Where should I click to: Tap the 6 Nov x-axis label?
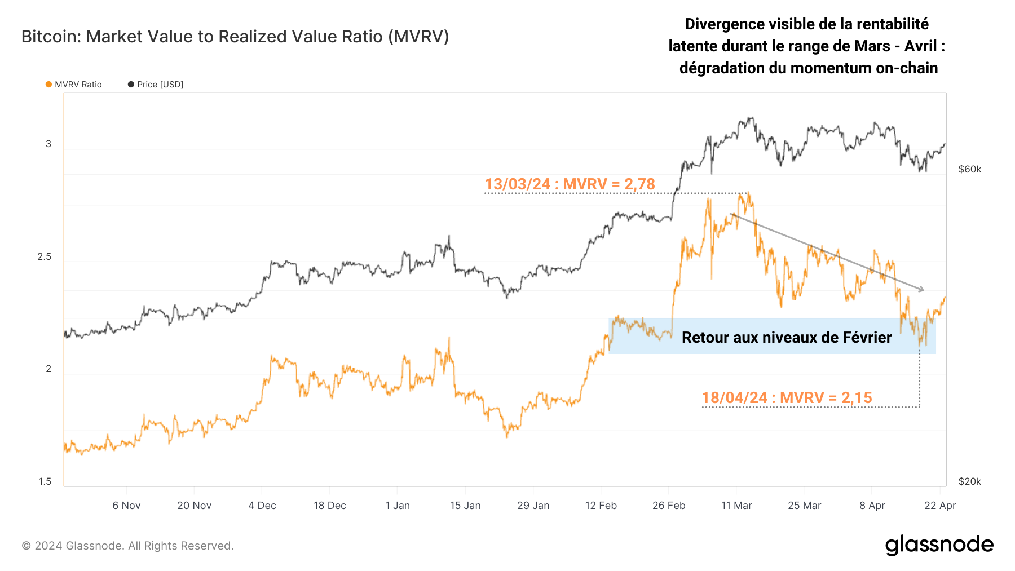pyautogui.click(x=126, y=506)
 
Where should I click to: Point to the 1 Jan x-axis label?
pyautogui.click(x=398, y=506)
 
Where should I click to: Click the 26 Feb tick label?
pyautogui.click(x=669, y=506)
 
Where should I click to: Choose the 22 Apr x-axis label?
pyautogui.click(x=940, y=506)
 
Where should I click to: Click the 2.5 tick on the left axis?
pyautogui.click(x=44, y=257)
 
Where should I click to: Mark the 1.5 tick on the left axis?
pyautogui.click(x=45, y=481)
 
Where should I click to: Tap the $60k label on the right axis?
pyautogui.click(x=970, y=170)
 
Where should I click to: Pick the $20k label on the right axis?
pyautogui.click(x=970, y=481)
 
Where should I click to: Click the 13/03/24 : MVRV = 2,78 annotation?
pyautogui.click(x=570, y=184)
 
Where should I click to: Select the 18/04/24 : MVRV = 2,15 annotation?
pyautogui.click(x=787, y=398)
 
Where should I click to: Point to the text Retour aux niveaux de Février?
pyautogui.click(x=787, y=338)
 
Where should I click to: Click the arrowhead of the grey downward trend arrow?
pyautogui.click(x=922, y=290)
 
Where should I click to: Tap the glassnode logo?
pyautogui.click(x=939, y=545)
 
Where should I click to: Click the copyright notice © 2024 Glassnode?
pyautogui.click(x=127, y=546)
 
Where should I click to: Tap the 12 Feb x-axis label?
pyautogui.click(x=601, y=506)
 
